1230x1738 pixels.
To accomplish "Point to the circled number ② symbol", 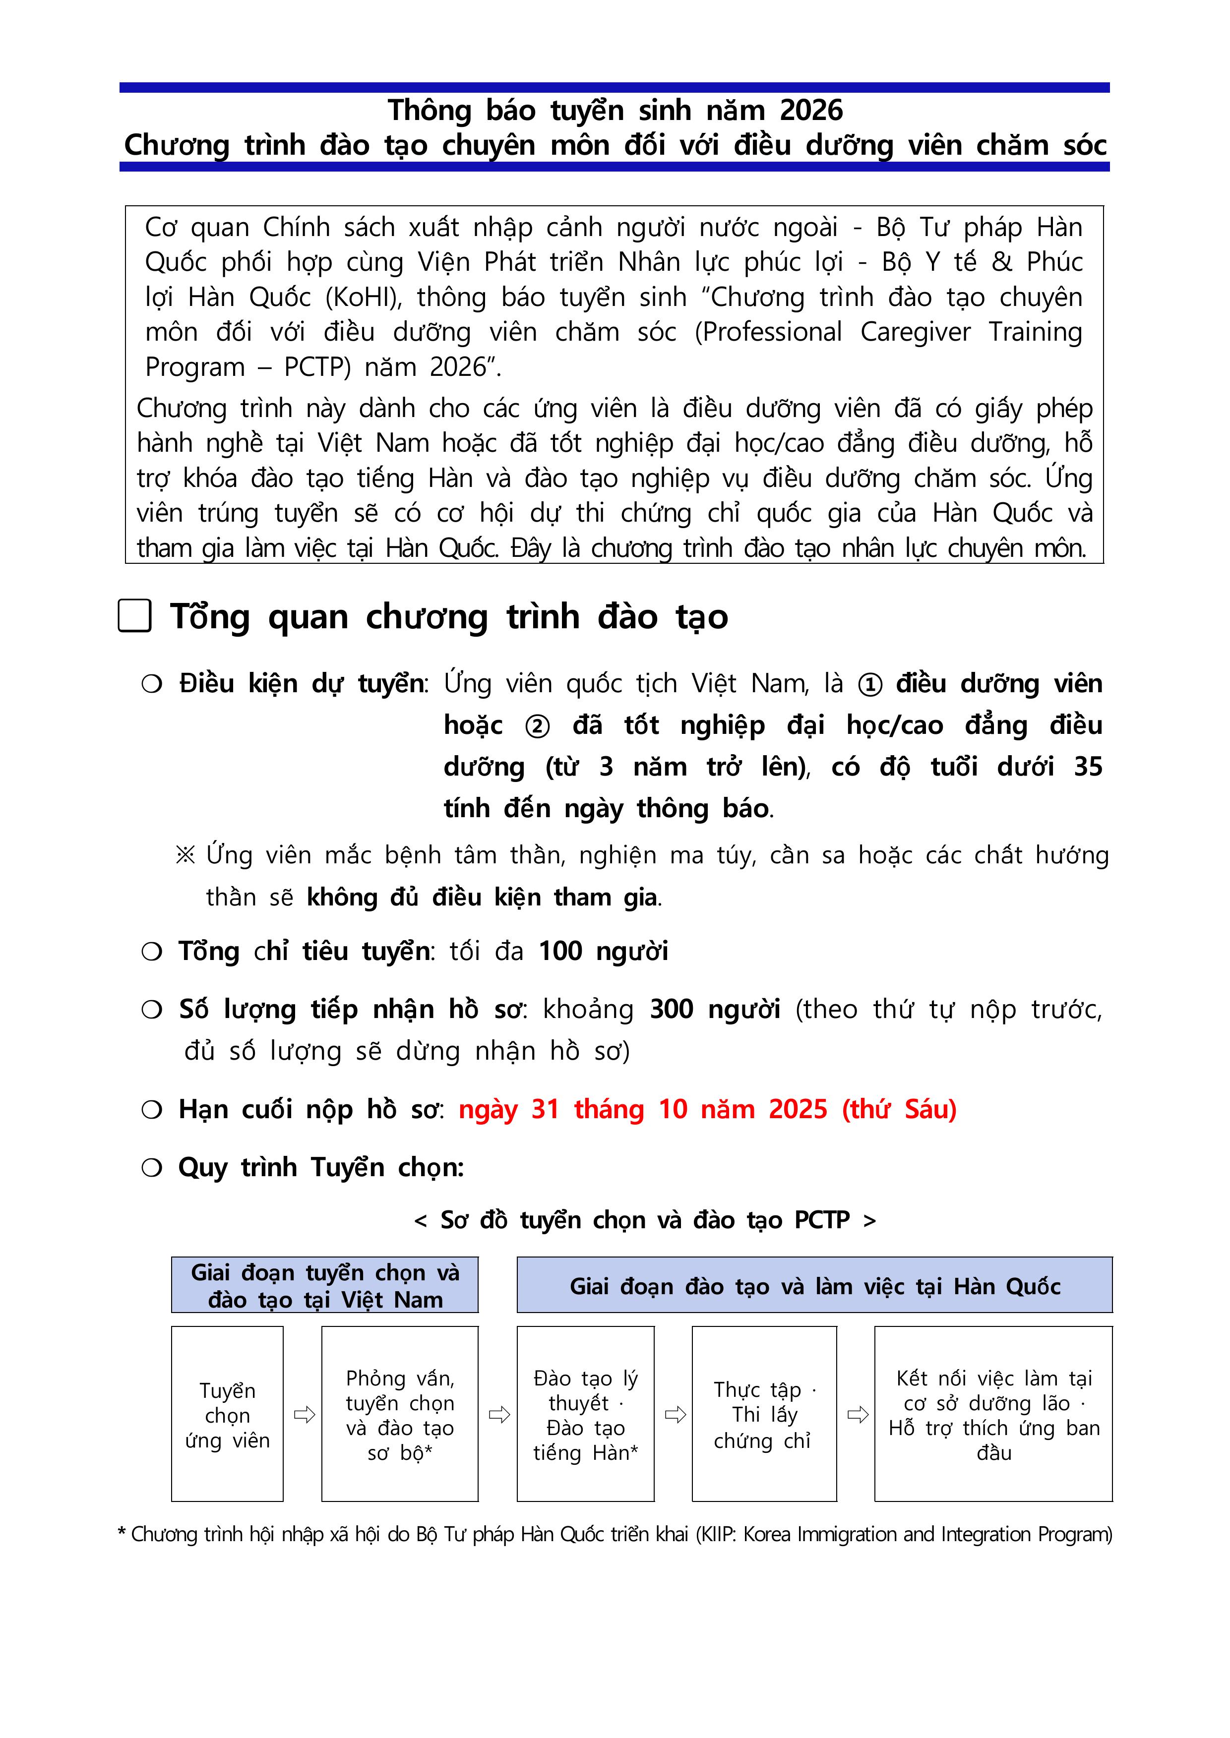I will [537, 726].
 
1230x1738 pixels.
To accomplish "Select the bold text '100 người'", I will [603, 951].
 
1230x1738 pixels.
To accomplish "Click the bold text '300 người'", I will [714, 1010].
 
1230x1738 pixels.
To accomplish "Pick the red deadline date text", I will [707, 1109].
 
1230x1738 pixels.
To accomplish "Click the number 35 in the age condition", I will [1088, 767].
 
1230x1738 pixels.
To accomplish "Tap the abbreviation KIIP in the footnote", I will [717, 1534].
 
